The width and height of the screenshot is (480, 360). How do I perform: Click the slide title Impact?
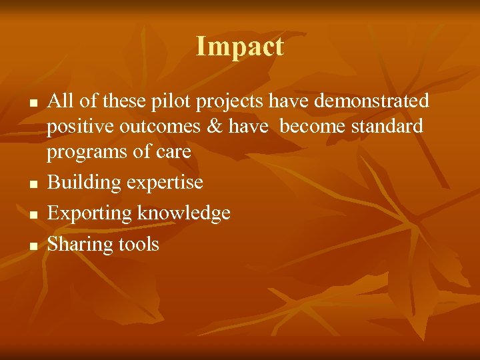coord(240,47)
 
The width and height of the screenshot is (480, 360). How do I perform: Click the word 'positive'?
coord(80,127)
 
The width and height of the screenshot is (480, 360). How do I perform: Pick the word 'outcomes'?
coord(162,127)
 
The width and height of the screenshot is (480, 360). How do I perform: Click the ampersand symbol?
coord(215,127)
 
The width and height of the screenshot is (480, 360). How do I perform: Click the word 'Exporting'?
coord(89,213)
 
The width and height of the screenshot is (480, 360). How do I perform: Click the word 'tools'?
coord(139,244)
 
